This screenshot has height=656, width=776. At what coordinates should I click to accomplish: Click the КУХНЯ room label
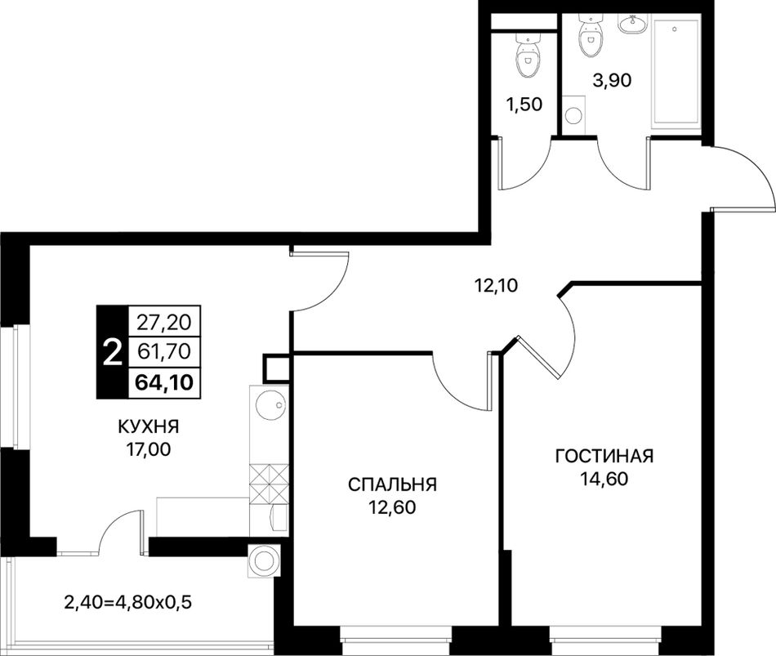click(x=148, y=426)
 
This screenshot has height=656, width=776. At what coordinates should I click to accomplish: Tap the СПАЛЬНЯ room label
click(x=392, y=484)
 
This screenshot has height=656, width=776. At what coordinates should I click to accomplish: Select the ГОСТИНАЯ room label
click(x=604, y=456)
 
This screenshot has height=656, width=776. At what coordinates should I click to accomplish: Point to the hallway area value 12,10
click(x=496, y=285)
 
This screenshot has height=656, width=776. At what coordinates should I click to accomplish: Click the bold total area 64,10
click(x=164, y=382)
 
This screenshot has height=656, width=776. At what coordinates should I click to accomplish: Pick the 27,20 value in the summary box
click(x=164, y=323)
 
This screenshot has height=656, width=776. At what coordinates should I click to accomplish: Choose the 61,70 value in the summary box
click(x=164, y=351)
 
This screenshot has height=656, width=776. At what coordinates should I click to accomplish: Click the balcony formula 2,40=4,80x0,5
click(x=128, y=603)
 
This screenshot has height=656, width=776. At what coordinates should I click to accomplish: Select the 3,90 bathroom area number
click(x=612, y=80)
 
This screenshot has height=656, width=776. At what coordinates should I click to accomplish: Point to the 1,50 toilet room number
click(x=524, y=105)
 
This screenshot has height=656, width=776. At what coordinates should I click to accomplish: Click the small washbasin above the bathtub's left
click(x=632, y=23)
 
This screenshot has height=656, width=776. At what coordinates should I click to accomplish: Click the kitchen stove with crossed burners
click(x=269, y=483)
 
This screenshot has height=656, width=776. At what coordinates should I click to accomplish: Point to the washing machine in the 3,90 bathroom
click(x=574, y=114)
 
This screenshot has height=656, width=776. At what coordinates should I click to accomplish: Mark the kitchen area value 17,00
click(x=148, y=449)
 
